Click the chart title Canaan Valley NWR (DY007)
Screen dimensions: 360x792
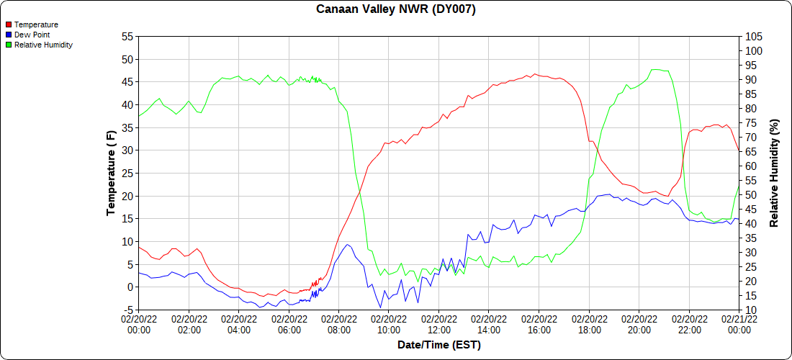point(396,9)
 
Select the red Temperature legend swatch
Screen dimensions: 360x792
point(9,24)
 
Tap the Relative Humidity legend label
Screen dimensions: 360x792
point(43,45)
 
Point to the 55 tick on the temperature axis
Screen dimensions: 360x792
point(127,37)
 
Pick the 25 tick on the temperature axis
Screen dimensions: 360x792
point(127,174)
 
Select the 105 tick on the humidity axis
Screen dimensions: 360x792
point(754,37)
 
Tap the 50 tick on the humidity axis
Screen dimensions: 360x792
point(751,195)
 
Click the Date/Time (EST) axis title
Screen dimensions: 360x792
point(439,345)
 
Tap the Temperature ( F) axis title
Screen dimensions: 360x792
point(111,173)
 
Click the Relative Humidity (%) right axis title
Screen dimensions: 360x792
point(775,173)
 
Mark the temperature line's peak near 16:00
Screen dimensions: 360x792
point(534,73)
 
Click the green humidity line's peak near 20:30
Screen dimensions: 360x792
point(654,69)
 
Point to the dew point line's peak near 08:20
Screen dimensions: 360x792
point(348,245)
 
